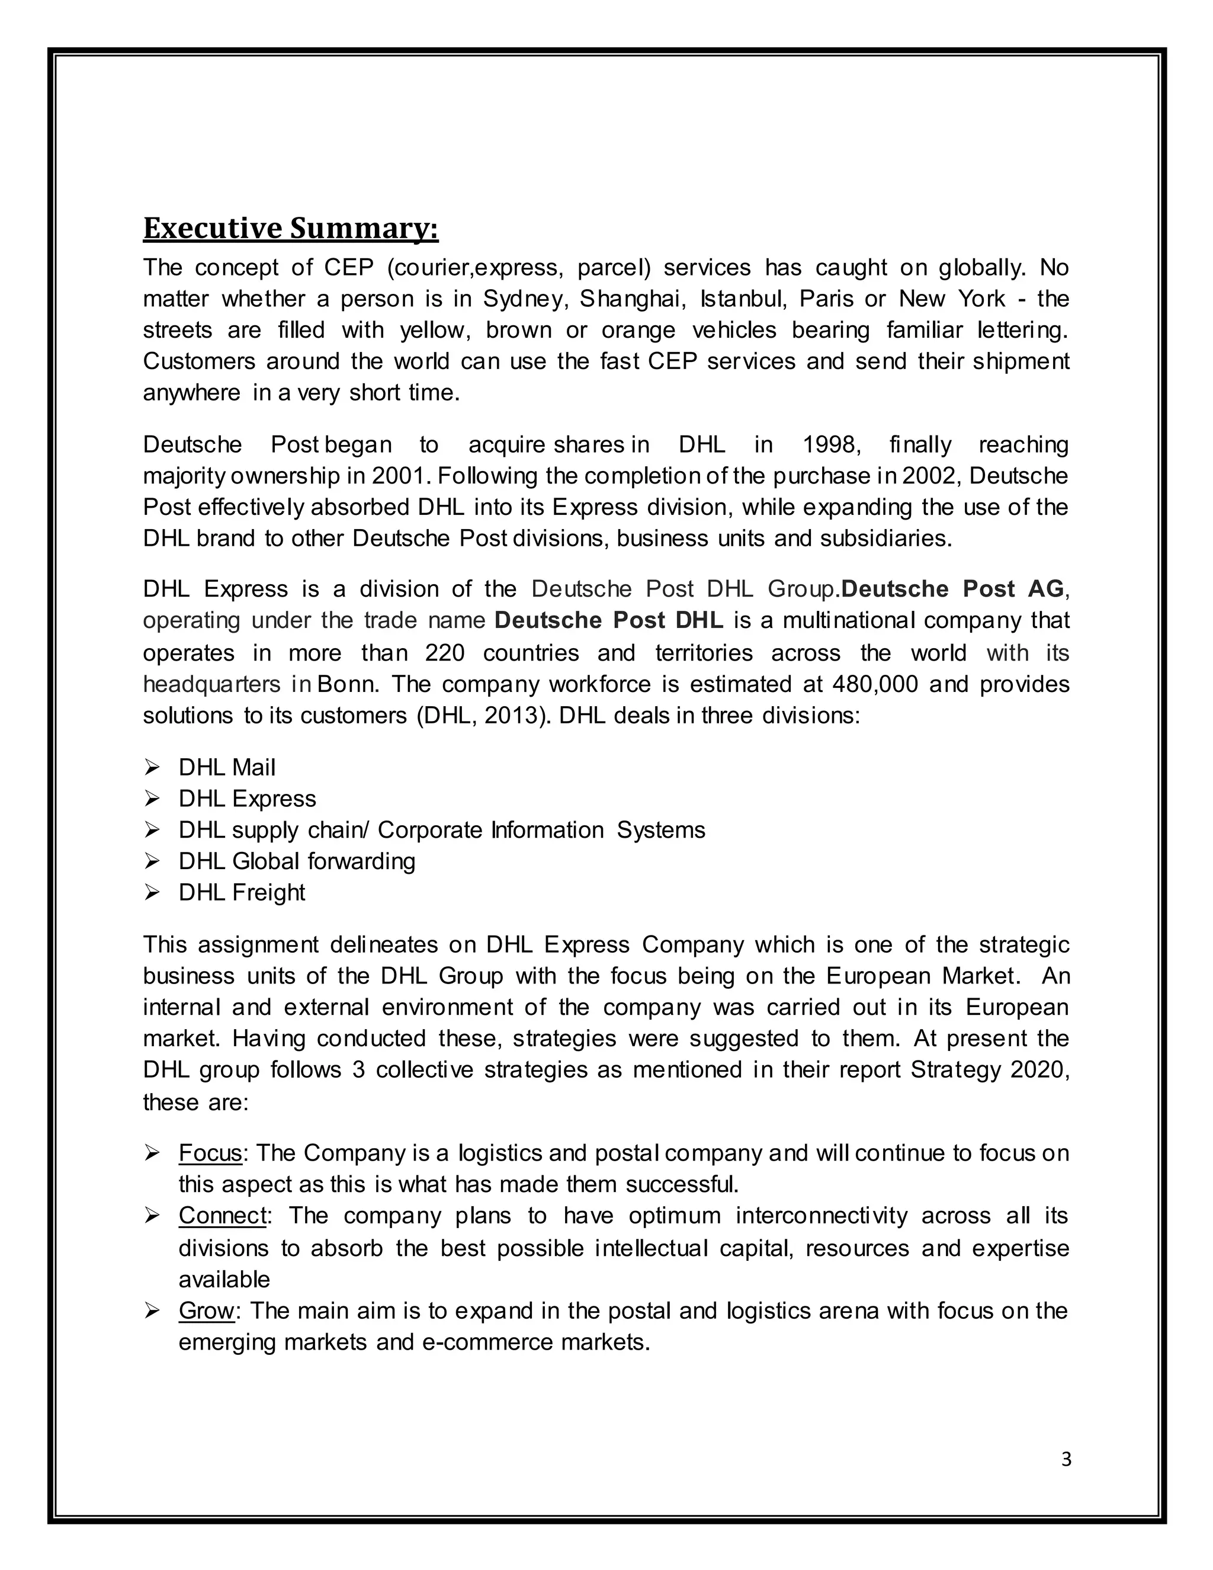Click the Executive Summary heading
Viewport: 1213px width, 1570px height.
(x=290, y=229)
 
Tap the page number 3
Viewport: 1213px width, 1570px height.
(x=1066, y=1459)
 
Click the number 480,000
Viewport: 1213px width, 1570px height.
(x=875, y=684)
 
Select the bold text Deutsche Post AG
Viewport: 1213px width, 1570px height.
(x=952, y=589)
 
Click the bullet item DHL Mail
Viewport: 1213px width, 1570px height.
(x=226, y=768)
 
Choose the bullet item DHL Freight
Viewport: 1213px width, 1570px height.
(x=242, y=893)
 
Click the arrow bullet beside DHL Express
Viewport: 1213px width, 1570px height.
(x=152, y=799)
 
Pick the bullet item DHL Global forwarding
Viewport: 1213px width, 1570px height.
(x=297, y=861)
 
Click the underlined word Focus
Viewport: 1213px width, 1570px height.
(x=210, y=1153)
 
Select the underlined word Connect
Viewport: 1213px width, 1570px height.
(x=223, y=1216)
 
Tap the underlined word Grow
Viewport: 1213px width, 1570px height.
(x=206, y=1311)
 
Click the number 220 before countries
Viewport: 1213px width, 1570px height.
(x=444, y=653)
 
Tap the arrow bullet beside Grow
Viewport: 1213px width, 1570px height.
(x=152, y=1311)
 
